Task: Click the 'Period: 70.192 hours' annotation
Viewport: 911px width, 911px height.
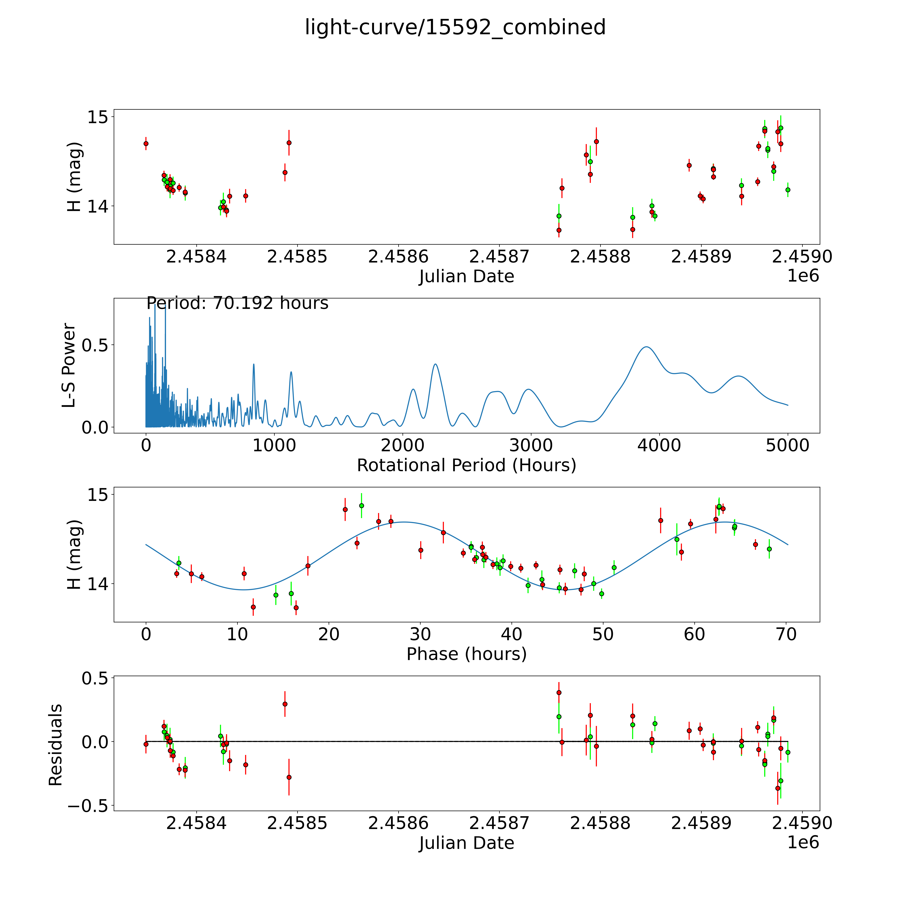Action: [x=237, y=303]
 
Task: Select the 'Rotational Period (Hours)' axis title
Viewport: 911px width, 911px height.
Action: [x=466, y=465]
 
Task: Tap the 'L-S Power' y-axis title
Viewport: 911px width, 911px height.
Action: [x=69, y=365]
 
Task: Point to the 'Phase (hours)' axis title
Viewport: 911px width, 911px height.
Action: [x=466, y=654]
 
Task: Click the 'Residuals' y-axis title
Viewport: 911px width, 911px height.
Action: [x=56, y=745]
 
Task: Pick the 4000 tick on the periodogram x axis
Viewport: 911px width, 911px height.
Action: [x=659, y=445]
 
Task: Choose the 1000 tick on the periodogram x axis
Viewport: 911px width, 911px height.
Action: [x=274, y=445]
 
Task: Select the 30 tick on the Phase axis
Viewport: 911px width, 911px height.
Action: [x=420, y=634]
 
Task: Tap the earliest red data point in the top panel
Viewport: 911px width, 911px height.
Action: [x=146, y=143]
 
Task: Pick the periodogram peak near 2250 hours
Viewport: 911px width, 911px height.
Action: [x=435, y=364]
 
